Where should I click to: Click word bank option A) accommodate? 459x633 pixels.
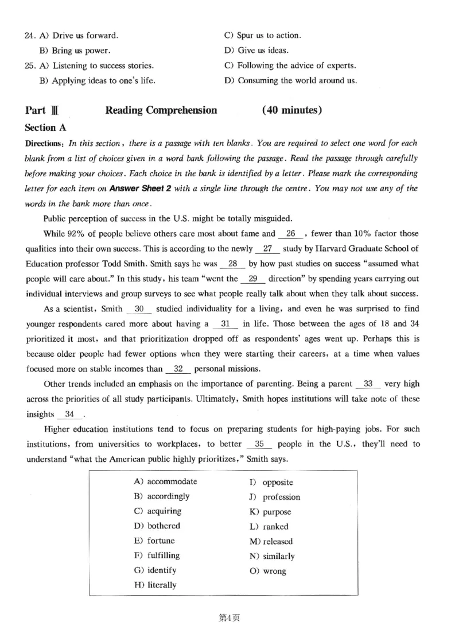click(165, 481)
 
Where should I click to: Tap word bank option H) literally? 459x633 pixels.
click(155, 585)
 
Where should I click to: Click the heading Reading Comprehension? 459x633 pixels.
click(161, 110)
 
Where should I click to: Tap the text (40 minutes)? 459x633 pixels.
click(292, 110)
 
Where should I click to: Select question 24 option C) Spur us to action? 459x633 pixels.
click(262, 36)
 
